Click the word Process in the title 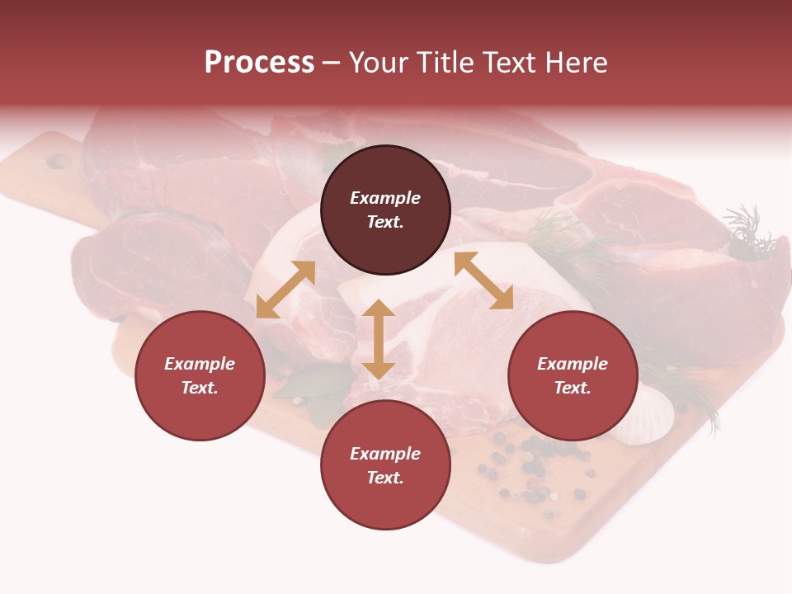(259, 63)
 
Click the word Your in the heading (379, 63)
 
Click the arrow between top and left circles (285, 290)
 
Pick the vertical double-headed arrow (379, 339)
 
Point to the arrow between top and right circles (484, 280)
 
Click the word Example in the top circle (385, 198)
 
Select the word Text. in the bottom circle (385, 478)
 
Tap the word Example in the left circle (200, 364)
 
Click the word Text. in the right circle (573, 388)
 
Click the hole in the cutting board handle (59, 162)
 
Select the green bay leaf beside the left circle (318, 384)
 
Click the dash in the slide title (332, 63)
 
